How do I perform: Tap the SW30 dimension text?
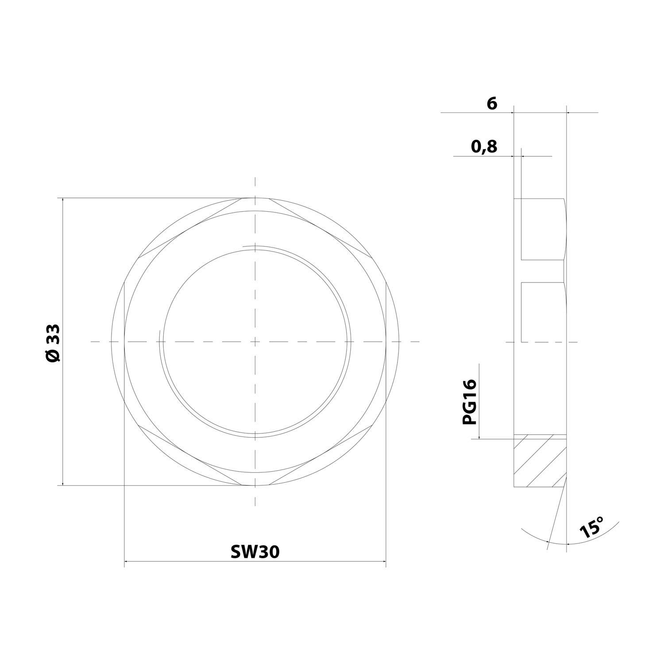click(255, 552)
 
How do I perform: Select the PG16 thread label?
click(470, 402)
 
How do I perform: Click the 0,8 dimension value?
click(484, 146)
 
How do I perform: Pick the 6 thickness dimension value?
click(492, 104)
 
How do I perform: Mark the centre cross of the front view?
click(255, 342)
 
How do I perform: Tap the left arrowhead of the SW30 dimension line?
click(126, 562)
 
